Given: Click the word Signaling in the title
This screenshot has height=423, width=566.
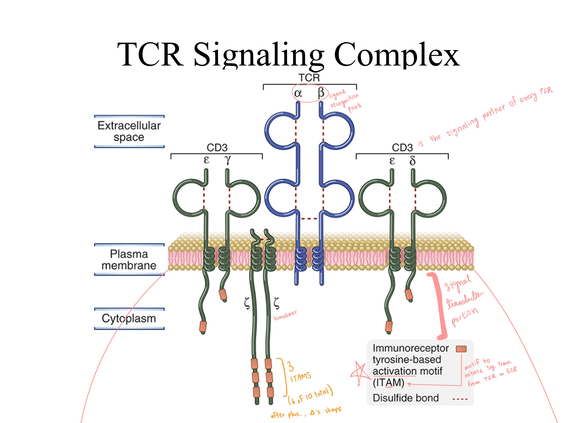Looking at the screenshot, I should point(258,55).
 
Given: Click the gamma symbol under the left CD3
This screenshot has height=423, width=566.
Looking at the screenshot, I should point(227,160).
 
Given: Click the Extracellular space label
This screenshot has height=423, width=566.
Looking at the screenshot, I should point(129,131).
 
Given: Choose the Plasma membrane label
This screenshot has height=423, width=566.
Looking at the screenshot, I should point(129,260).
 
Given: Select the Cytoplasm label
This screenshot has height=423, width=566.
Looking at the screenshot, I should point(129,318).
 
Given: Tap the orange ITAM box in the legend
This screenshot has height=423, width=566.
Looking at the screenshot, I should point(461,349).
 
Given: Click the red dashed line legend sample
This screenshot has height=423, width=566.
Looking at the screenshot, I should point(460,399).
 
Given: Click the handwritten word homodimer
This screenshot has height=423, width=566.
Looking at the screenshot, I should point(285,315).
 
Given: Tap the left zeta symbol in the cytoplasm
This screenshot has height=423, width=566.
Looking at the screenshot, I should point(247,303).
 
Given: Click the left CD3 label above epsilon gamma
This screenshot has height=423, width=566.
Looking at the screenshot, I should point(217,148).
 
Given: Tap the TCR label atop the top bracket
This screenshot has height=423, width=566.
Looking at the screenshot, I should point(309,78).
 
